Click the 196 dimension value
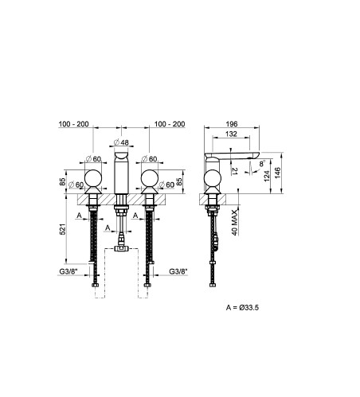(x=232, y=124)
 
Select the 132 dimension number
(x=231, y=134)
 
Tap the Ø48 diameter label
(x=121, y=142)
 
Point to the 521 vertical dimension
(x=63, y=229)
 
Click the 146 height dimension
(x=277, y=173)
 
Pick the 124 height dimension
(x=267, y=176)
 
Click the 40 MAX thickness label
(x=234, y=223)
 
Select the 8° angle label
(x=262, y=164)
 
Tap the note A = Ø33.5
(x=242, y=308)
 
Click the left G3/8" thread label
(x=68, y=271)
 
